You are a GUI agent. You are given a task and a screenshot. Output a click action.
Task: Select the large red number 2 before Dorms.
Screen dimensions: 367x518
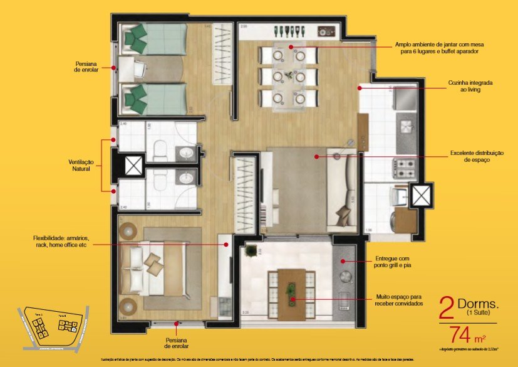point(447,308)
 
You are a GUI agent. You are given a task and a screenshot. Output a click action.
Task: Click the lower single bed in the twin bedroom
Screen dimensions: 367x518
point(153,99)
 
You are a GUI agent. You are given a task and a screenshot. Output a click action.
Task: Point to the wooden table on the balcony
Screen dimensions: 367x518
point(291,288)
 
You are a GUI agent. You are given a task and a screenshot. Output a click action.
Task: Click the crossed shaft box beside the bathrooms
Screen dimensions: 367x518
point(134,166)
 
